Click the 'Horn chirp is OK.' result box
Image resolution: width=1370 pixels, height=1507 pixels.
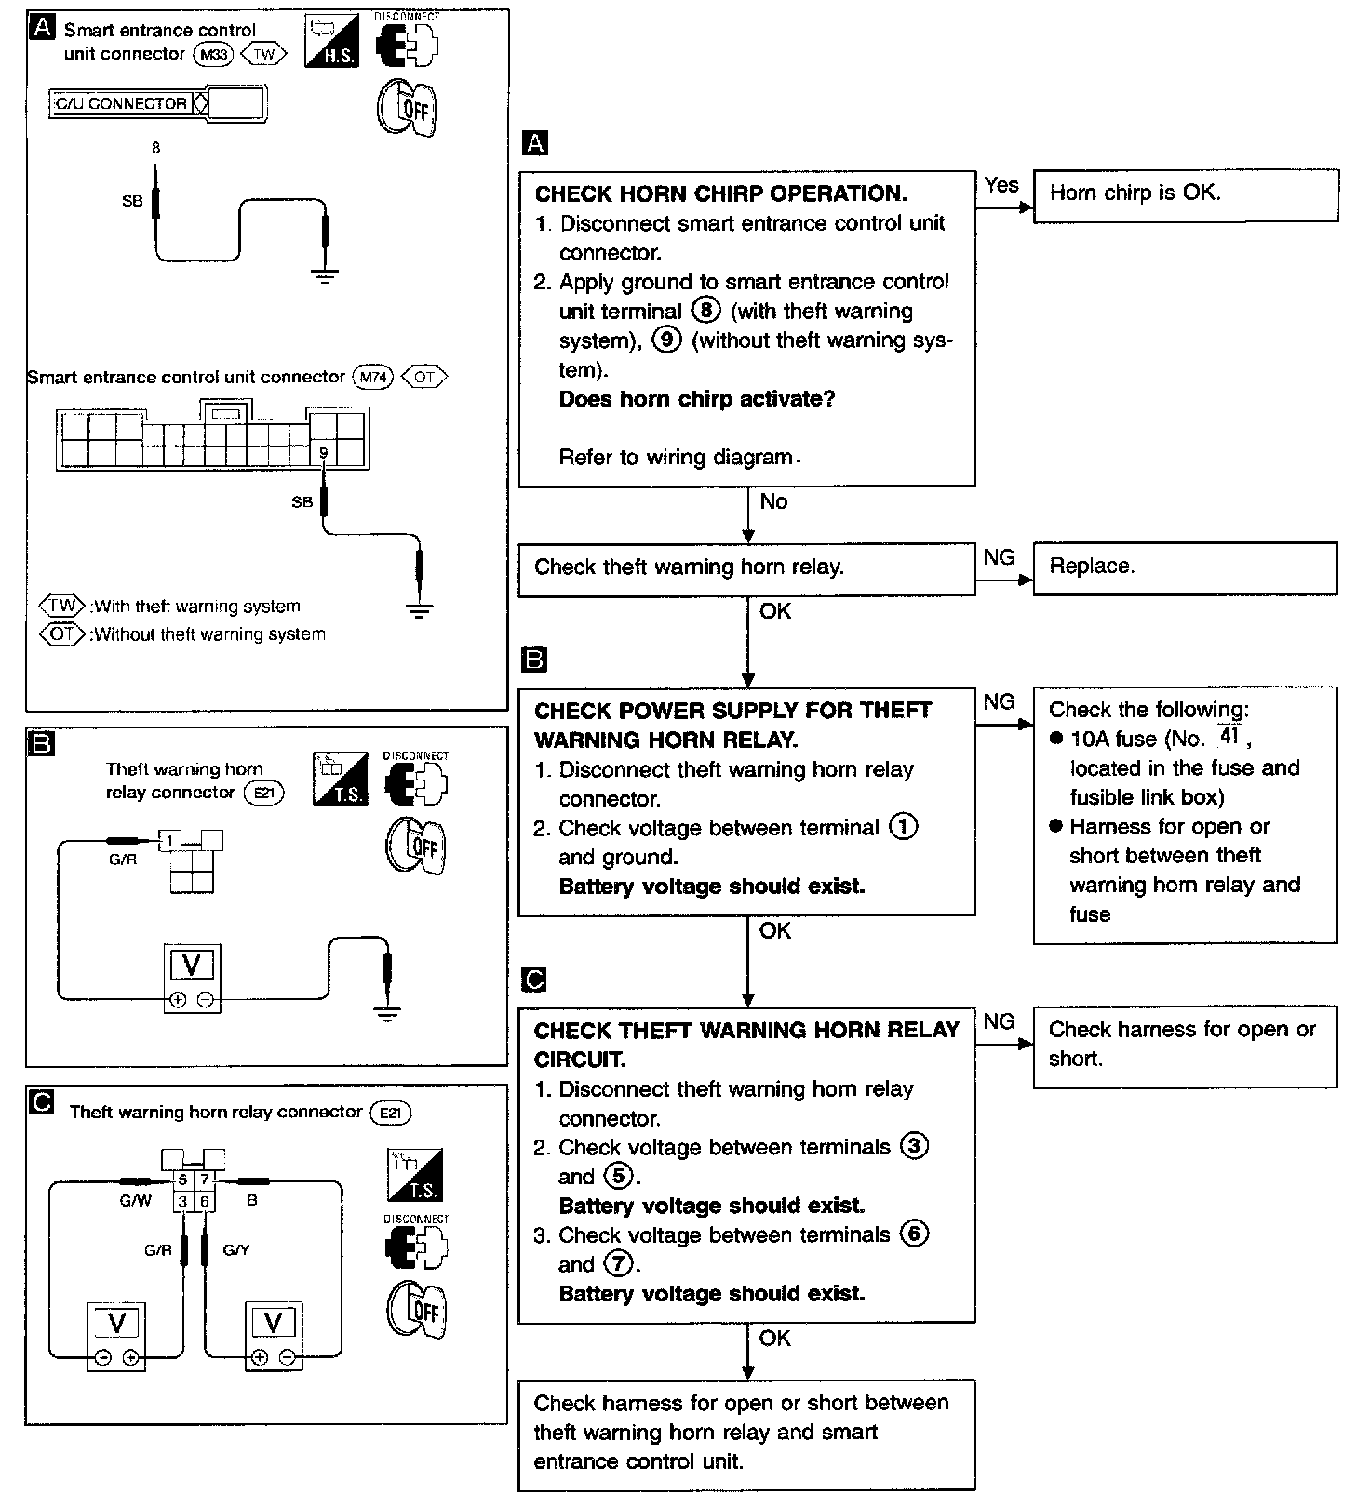tap(1185, 194)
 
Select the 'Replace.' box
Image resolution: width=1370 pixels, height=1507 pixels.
tap(1185, 567)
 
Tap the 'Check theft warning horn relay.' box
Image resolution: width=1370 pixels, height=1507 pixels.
tap(745, 568)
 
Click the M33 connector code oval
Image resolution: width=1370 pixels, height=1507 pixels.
tap(213, 55)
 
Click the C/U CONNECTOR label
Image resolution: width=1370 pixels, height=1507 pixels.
tap(121, 103)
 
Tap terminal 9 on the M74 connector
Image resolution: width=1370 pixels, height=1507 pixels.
tap(323, 453)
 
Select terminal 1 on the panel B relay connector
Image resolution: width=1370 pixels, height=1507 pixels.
tap(170, 842)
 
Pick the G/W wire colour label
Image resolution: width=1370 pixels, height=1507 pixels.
tap(135, 1201)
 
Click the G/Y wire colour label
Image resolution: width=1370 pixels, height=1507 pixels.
tap(236, 1250)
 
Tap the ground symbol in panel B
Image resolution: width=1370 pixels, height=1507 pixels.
tap(387, 1014)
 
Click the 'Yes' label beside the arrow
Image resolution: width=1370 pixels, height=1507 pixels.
tap(1001, 185)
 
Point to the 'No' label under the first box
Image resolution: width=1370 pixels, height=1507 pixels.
tap(773, 502)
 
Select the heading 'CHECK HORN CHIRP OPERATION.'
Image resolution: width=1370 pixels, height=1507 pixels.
tap(720, 194)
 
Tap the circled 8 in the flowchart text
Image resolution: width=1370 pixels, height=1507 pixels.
tap(706, 311)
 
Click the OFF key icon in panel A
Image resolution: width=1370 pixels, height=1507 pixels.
tap(408, 110)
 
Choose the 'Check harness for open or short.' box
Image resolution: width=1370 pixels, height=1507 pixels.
tap(1185, 1045)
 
